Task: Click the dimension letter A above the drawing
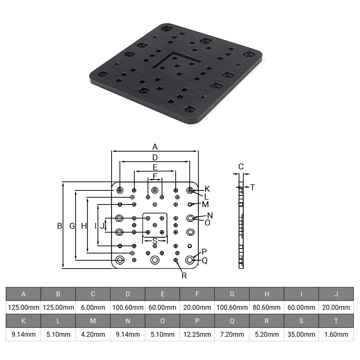coord(155,147)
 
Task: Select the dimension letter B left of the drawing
coord(60,226)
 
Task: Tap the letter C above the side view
coord(241,166)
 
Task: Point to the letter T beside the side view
coord(252,187)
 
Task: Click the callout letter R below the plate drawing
coord(184,275)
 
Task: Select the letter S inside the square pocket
coord(155,240)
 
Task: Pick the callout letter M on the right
coord(205,204)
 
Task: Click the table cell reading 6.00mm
coord(93,307)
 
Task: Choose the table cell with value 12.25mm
coord(197,334)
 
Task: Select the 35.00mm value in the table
coord(301,334)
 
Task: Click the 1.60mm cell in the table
coord(336,334)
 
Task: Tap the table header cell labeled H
coord(267,294)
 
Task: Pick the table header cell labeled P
coord(197,321)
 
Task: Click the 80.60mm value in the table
coord(267,307)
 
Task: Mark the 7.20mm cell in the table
coord(232,334)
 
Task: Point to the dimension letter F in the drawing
coord(155,176)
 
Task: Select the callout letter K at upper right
coord(207,189)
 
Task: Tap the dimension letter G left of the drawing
coord(72,226)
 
